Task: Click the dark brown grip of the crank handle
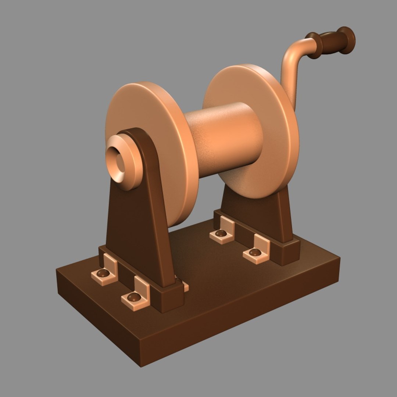tap(332, 42)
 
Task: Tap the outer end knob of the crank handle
tap(347, 39)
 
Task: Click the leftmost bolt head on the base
tap(103, 273)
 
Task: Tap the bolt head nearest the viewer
tap(134, 297)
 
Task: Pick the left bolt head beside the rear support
tap(221, 233)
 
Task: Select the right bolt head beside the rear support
tap(255, 252)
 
